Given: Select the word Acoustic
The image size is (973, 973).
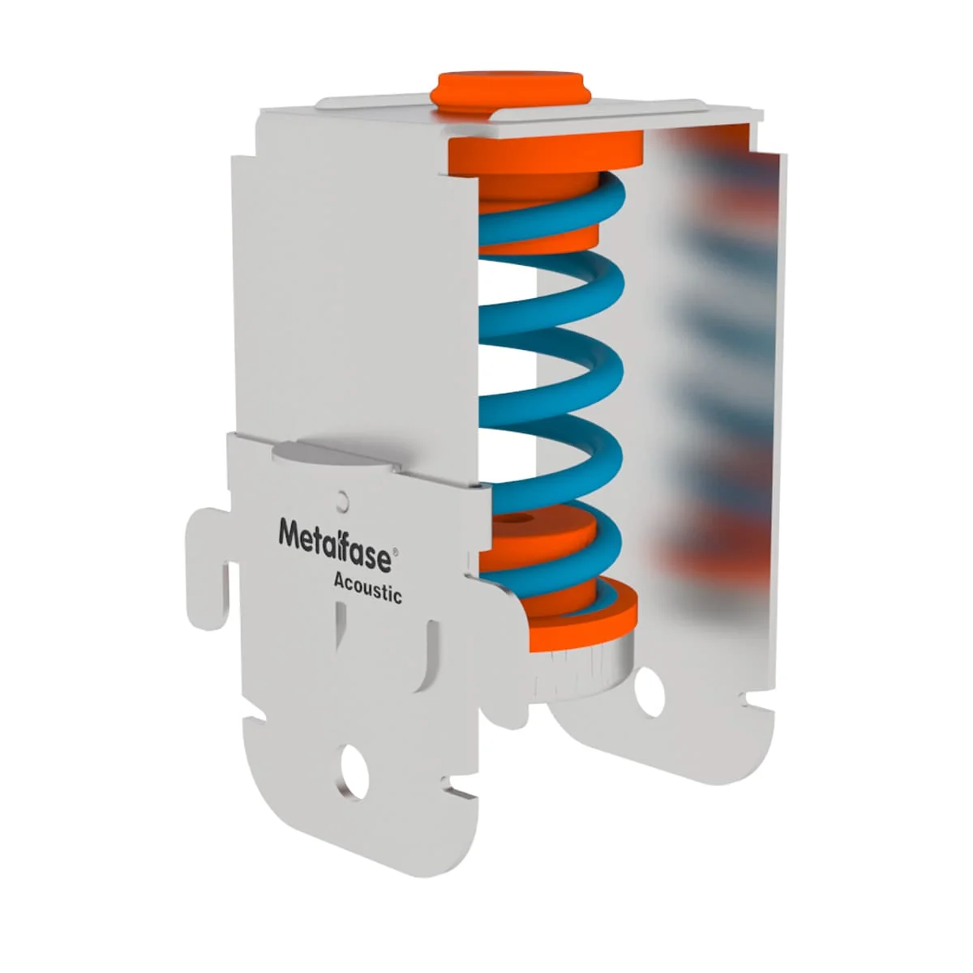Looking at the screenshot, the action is (367, 589).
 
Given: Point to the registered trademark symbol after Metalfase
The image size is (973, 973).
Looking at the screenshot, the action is (395, 553).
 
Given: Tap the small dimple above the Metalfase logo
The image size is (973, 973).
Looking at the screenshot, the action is (344, 500).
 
